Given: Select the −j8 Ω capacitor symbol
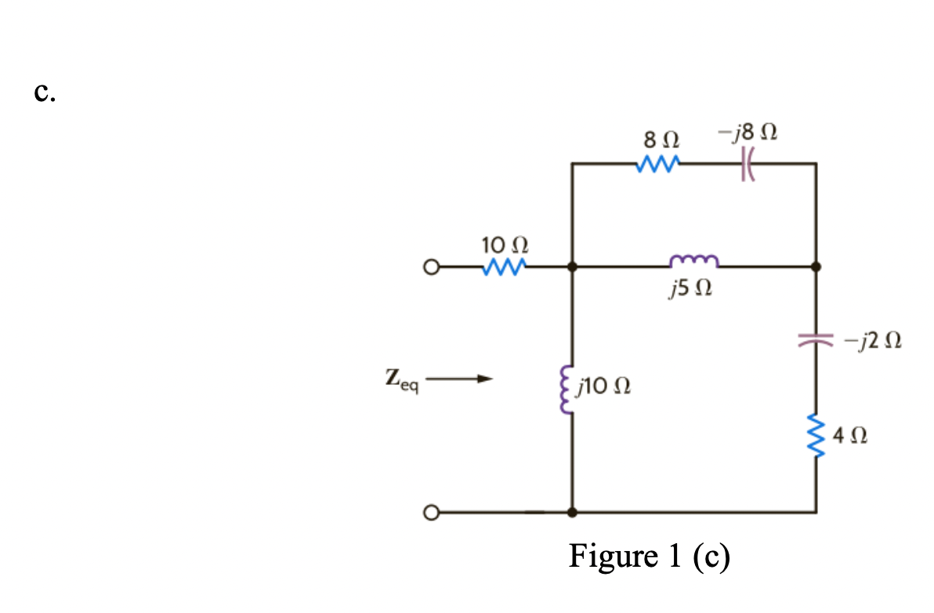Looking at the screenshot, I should [x=744, y=165].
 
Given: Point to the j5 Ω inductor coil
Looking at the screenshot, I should [x=693, y=261].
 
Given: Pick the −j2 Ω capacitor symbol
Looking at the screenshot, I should [x=816, y=340].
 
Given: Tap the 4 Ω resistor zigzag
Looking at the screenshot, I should [x=816, y=434].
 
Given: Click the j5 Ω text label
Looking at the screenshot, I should [x=690, y=292].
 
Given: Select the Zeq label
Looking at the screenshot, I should [x=403, y=381].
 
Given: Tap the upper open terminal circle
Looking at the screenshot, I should [x=428, y=267].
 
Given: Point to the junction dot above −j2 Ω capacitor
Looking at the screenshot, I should [x=816, y=267].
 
